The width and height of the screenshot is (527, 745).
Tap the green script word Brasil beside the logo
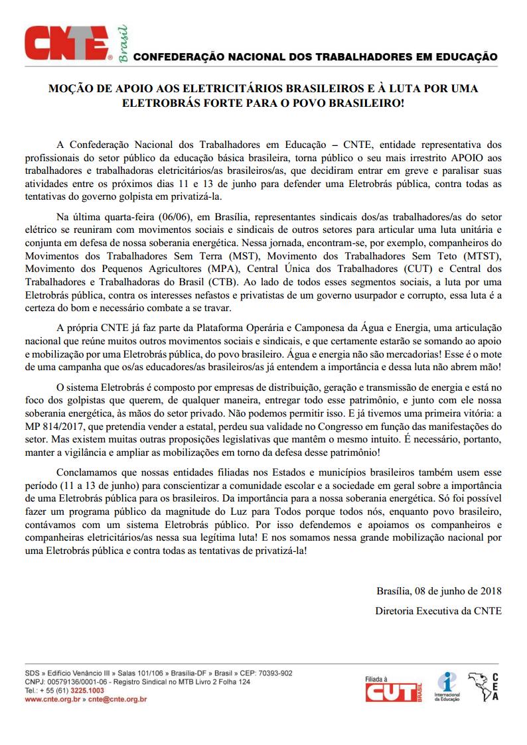[x=123, y=44]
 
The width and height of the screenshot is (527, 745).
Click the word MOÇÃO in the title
[x=68, y=88]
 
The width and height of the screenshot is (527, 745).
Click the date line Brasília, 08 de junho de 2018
[x=438, y=590]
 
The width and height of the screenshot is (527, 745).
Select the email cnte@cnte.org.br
[x=117, y=699]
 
